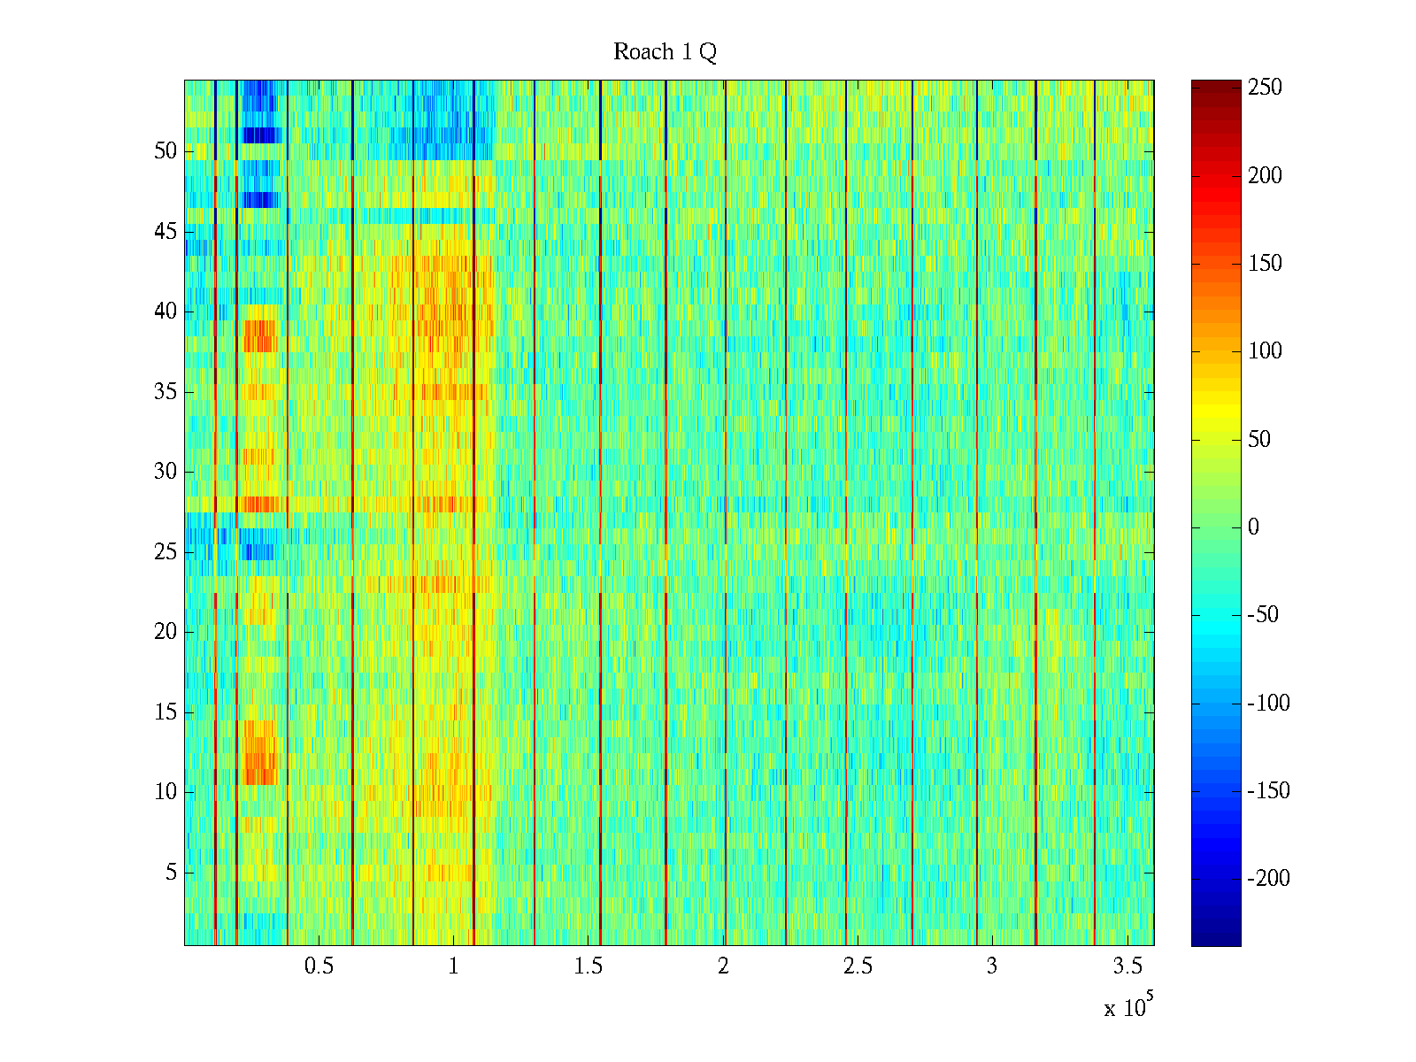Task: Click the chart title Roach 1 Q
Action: tap(665, 52)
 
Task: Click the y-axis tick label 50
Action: tap(165, 151)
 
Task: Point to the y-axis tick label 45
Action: tap(165, 232)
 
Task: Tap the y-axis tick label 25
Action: tap(165, 552)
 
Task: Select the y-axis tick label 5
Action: tap(171, 873)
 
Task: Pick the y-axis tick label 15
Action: tap(165, 712)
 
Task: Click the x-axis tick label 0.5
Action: tap(319, 966)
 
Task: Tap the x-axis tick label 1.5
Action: tap(588, 966)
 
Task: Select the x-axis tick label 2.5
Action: tap(857, 966)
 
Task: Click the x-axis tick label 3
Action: tap(991, 966)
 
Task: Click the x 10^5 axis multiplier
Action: tap(1127, 1007)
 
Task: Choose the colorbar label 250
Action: tap(1265, 88)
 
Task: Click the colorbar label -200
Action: tap(1268, 878)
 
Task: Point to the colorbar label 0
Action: tap(1253, 527)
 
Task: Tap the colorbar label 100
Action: tap(1265, 351)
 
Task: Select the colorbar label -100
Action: tap(1268, 704)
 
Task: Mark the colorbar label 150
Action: tap(1265, 264)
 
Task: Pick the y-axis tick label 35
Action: tap(165, 392)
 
